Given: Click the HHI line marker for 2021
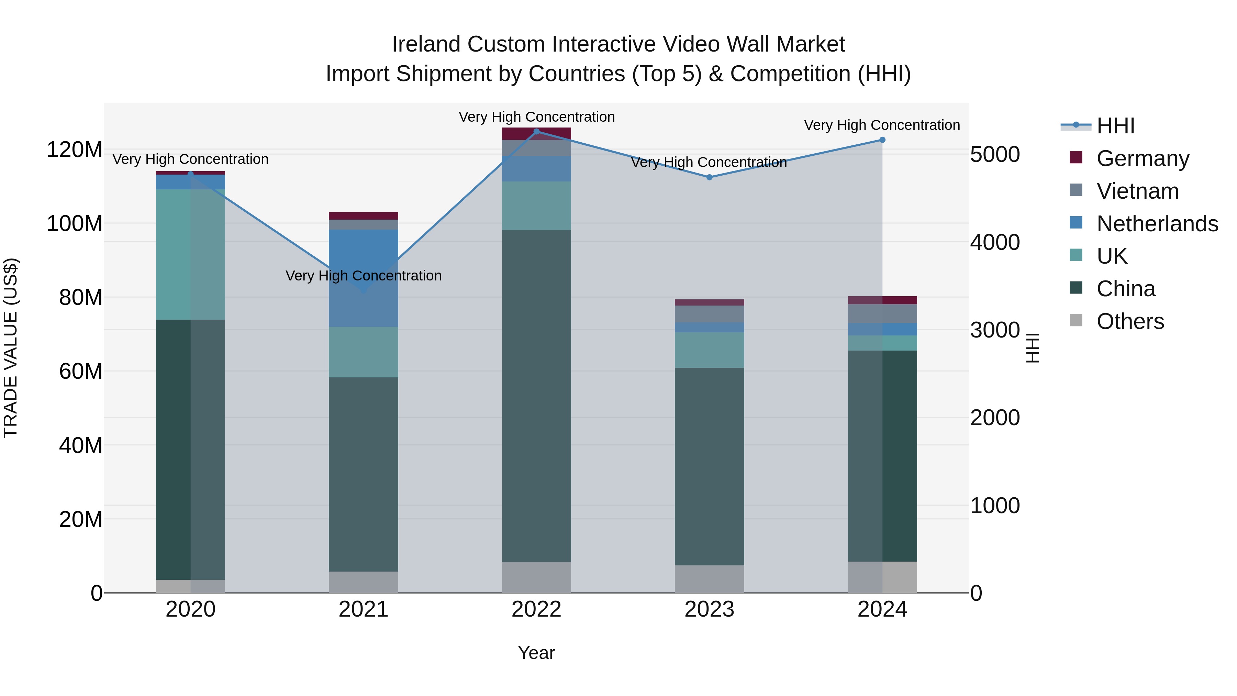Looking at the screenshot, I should tap(364, 290).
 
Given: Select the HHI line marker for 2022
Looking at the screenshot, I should tap(536, 131).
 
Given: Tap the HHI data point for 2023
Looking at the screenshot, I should tap(709, 177).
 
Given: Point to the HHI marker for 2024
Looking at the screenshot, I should tap(882, 140).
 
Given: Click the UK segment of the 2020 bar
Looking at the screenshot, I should tap(191, 255).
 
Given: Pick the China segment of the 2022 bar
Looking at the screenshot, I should tap(536, 396).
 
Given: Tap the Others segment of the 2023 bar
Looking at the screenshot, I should tap(709, 579).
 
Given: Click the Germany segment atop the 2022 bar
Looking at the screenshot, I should tap(536, 134).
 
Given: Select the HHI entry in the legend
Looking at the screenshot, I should tap(1115, 126).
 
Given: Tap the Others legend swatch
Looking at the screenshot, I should tap(1076, 320).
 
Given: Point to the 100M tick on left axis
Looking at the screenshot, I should tap(75, 224).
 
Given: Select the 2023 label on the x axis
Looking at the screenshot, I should tap(709, 609).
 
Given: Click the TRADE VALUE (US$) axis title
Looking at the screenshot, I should tap(11, 348).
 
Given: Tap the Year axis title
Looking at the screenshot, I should tap(536, 653).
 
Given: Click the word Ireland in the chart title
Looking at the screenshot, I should tap(426, 44).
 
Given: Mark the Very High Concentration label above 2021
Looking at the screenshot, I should tap(364, 276).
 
